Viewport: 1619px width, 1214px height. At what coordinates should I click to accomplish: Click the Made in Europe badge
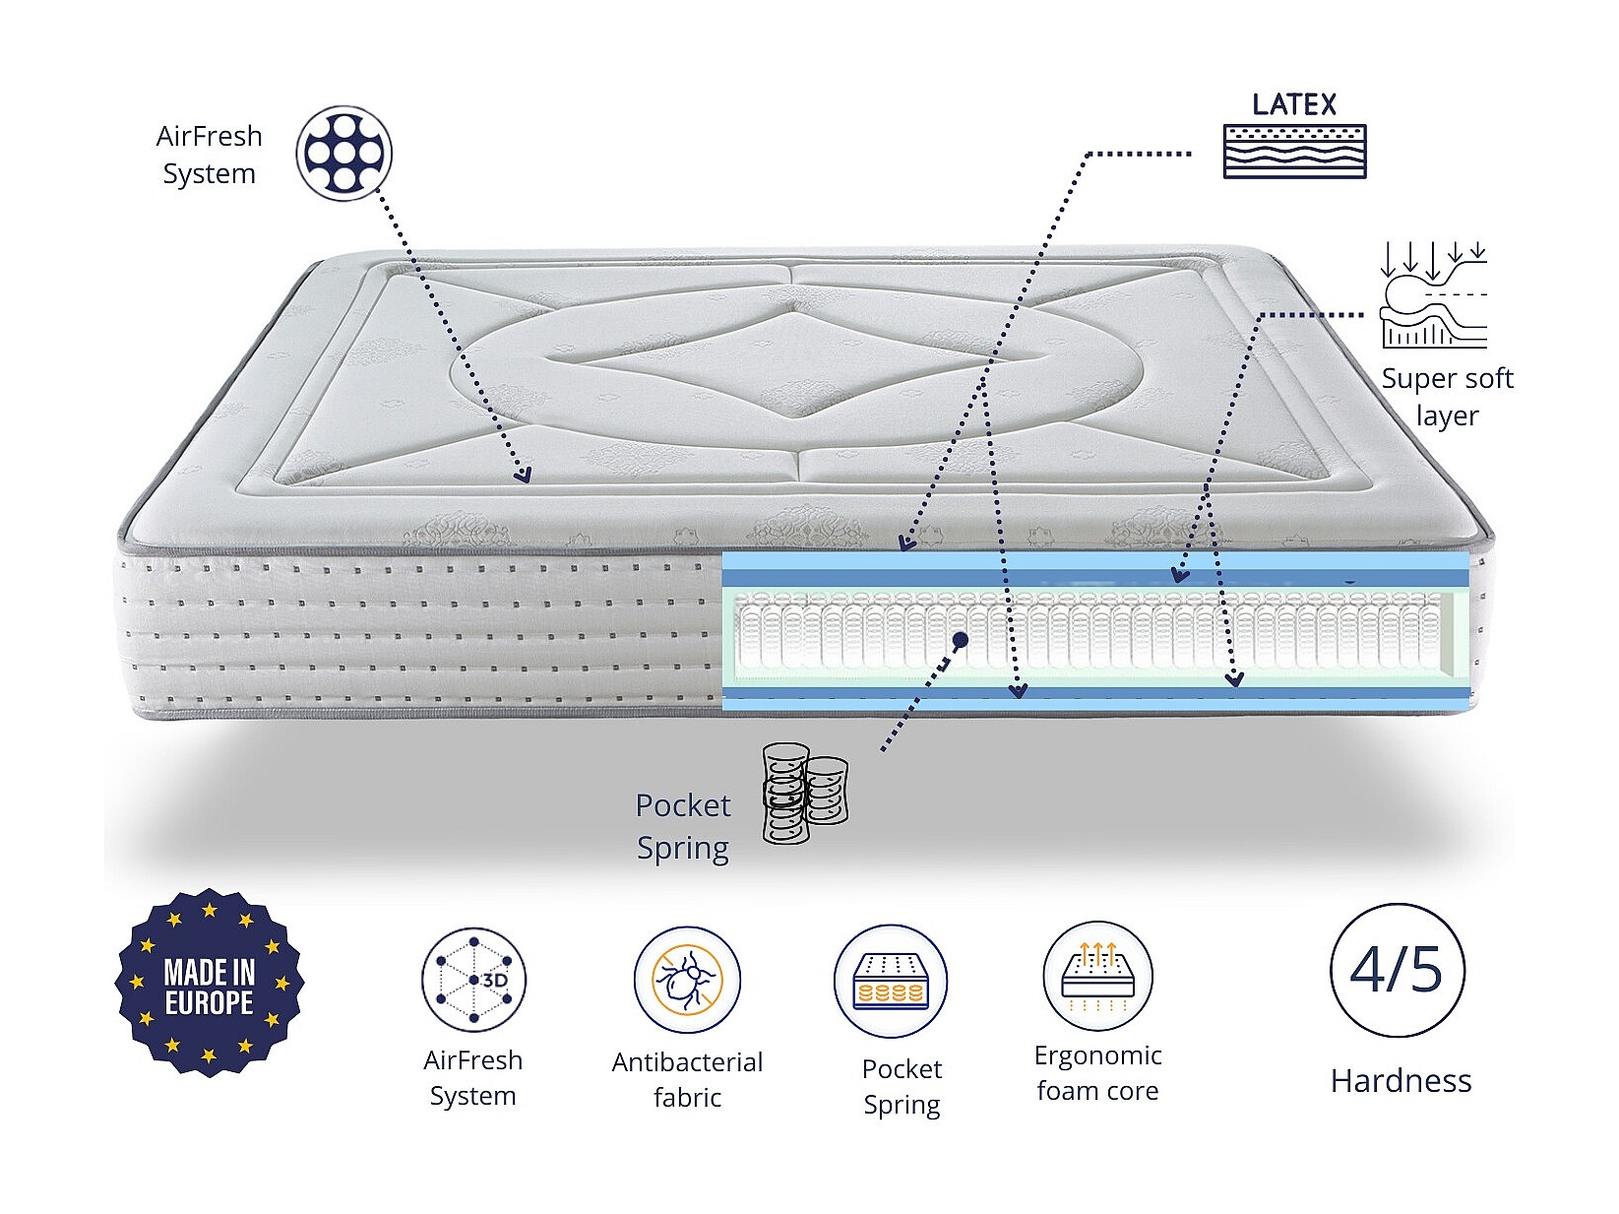pyautogui.click(x=210, y=984)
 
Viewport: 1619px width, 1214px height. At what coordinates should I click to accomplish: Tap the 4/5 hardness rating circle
pyautogui.click(x=1397, y=970)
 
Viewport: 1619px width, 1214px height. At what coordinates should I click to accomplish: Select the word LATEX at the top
pyautogui.click(x=1294, y=104)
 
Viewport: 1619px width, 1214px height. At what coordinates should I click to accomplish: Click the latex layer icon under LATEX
pyautogui.click(x=1294, y=151)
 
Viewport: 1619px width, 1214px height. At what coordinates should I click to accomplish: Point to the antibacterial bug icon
pyautogui.click(x=687, y=981)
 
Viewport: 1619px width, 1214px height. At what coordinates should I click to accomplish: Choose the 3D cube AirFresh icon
pyautogui.click(x=473, y=980)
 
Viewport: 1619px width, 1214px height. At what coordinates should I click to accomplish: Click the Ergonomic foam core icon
pyautogui.click(x=1097, y=977)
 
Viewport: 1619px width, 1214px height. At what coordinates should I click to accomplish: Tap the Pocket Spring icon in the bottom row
pyautogui.click(x=891, y=981)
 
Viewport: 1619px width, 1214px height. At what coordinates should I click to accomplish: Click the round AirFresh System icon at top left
pyautogui.click(x=344, y=154)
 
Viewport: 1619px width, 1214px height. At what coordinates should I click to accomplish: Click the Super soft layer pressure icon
pyautogui.click(x=1434, y=295)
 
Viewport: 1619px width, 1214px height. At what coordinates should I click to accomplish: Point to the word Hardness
pyautogui.click(x=1401, y=1081)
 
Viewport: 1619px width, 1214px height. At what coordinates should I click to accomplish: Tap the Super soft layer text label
pyautogui.click(x=1447, y=396)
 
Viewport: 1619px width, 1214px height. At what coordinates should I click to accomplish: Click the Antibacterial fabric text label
pyautogui.click(x=687, y=1079)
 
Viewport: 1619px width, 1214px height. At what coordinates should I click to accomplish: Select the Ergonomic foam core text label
pyautogui.click(x=1097, y=1073)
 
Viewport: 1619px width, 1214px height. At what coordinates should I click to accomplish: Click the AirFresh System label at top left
pyautogui.click(x=209, y=155)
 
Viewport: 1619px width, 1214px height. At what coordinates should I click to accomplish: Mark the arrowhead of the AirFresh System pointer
pyautogui.click(x=524, y=475)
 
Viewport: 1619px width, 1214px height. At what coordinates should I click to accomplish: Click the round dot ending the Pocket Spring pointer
pyautogui.click(x=961, y=640)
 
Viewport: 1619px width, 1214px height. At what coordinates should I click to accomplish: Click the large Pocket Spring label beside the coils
pyautogui.click(x=683, y=826)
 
